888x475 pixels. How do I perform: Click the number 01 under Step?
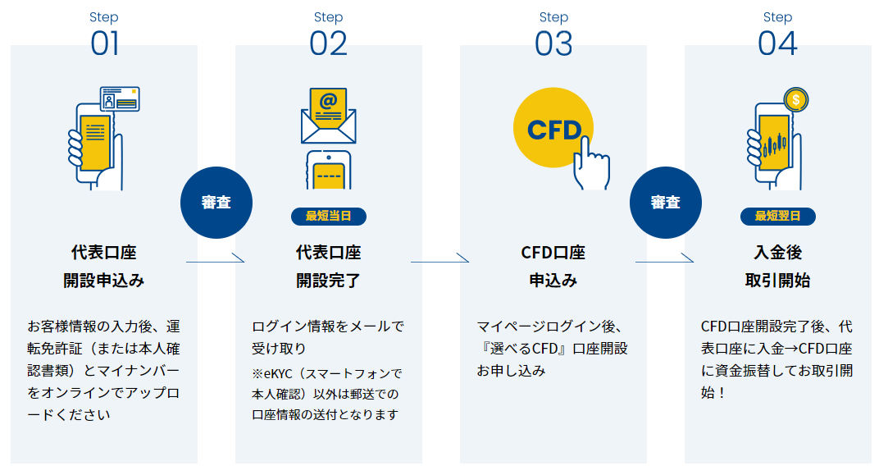click(105, 43)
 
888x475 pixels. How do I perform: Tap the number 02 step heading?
click(329, 43)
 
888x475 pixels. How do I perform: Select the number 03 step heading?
click(553, 43)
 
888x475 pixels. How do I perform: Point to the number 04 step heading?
click(777, 43)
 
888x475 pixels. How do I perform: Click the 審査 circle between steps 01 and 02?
click(216, 203)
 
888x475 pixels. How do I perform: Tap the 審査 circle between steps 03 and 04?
click(666, 203)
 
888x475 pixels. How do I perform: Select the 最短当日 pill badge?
click(329, 216)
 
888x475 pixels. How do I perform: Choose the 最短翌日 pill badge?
click(777, 216)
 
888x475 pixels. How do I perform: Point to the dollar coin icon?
click(795, 100)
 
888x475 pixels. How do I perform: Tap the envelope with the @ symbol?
click(329, 116)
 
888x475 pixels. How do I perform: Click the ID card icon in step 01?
click(120, 99)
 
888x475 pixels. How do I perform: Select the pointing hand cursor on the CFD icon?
click(590, 164)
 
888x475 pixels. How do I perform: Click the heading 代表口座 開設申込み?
click(103, 267)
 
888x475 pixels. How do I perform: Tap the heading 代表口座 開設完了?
click(329, 267)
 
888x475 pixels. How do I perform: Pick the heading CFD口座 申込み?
click(553, 267)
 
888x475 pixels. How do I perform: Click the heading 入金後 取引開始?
click(777, 267)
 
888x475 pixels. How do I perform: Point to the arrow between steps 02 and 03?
click(440, 259)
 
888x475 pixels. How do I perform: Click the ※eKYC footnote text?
click(327, 394)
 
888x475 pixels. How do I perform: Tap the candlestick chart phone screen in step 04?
click(774, 143)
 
